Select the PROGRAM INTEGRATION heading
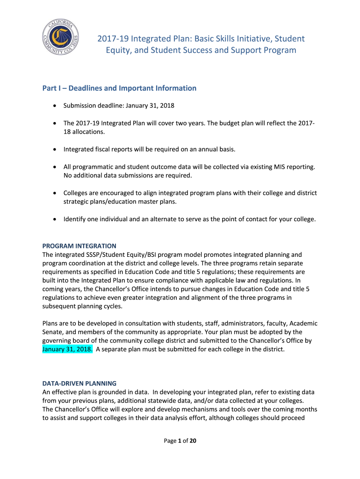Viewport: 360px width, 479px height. [x=79, y=246]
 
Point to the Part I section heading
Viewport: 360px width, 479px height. [x=119, y=88]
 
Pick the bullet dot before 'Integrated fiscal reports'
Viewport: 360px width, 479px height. [x=55, y=150]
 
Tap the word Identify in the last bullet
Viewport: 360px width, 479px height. [x=75, y=218]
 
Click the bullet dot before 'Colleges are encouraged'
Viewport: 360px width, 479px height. [x=55, y=193]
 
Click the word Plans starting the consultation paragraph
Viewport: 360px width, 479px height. [x=50, y=323]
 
